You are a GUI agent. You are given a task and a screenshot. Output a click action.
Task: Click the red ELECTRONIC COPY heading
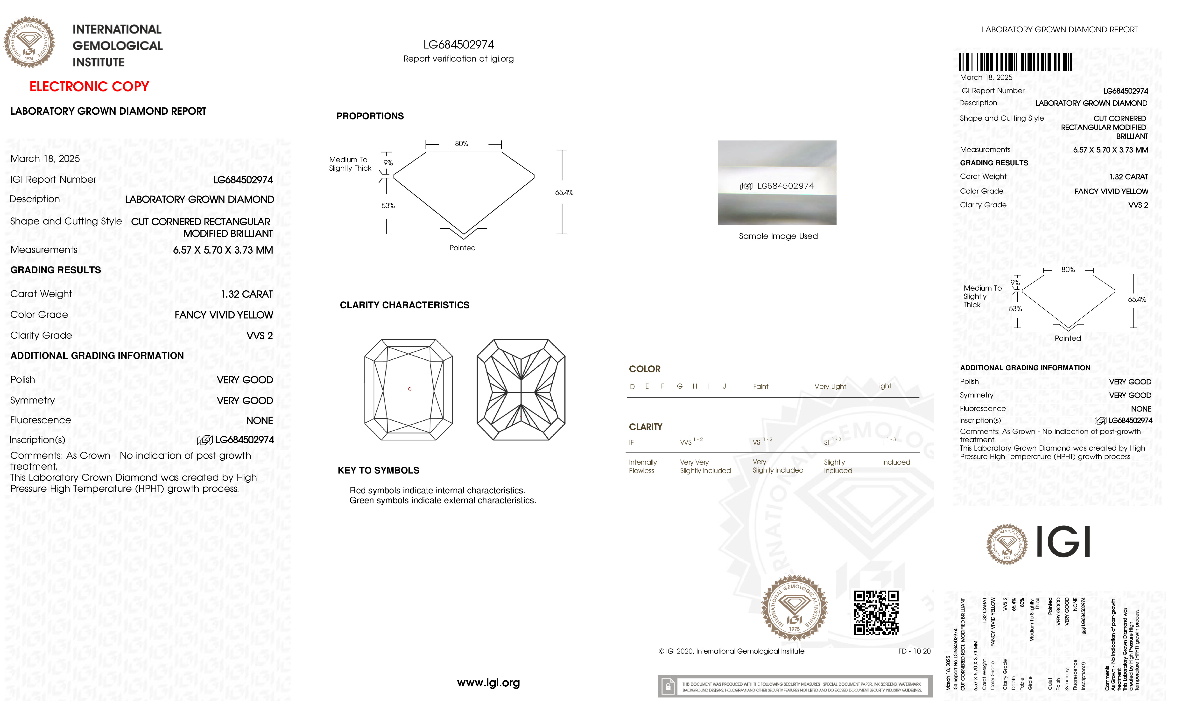click(89, 87)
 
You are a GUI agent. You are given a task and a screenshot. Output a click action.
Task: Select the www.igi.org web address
click(488, 683)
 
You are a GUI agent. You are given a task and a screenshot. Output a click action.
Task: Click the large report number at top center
click(458, 45)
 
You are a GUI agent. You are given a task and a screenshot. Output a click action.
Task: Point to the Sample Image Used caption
click(778, 236)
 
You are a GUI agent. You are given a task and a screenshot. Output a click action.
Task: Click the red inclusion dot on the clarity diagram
click(409, 389)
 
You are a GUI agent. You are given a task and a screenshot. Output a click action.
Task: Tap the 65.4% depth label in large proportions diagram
click(564, 192)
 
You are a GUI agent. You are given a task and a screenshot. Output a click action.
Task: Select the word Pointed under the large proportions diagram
click(462, 248)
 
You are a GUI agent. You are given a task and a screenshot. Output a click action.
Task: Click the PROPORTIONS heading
click(370, 116)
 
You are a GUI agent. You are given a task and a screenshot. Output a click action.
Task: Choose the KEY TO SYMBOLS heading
click(378, 470)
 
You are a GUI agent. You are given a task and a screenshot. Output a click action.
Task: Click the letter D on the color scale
click(632, 386)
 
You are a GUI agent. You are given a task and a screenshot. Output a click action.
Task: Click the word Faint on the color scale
click(760, 386)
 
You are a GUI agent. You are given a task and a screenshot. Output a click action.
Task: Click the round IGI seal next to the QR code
click(795, 608)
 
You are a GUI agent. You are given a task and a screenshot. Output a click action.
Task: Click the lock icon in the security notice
click(667, 687)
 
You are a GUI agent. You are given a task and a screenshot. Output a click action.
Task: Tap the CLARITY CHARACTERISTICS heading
click(404, 305)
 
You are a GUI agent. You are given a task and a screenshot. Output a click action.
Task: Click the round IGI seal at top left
click(29, 42)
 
